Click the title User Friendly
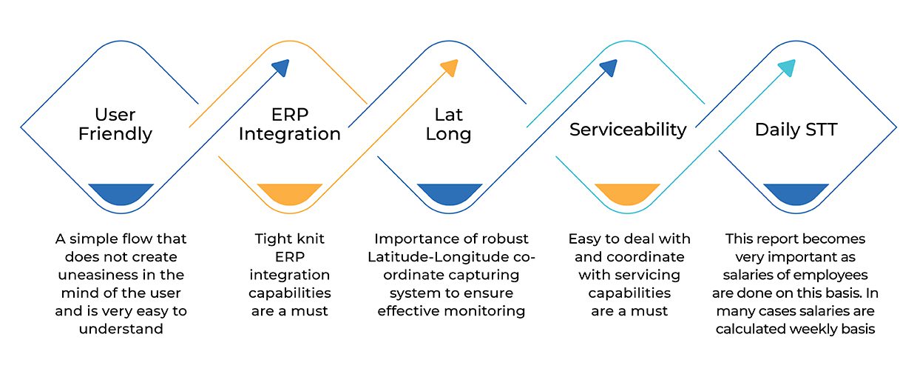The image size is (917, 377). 115,124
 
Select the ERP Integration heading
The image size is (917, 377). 290,124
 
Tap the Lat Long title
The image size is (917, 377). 449,124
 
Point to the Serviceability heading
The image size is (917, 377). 628,130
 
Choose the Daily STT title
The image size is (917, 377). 796,130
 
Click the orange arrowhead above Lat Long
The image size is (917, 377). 450,67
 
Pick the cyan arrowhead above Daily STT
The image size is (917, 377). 788,67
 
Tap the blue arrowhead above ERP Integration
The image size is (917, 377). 281,67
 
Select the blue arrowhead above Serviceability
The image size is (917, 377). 609,67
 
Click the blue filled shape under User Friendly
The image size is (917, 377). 121,193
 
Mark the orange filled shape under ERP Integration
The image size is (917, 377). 290,193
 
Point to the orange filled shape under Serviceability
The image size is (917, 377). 628,193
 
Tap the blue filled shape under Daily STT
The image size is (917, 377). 796,193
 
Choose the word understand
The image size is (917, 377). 121,329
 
